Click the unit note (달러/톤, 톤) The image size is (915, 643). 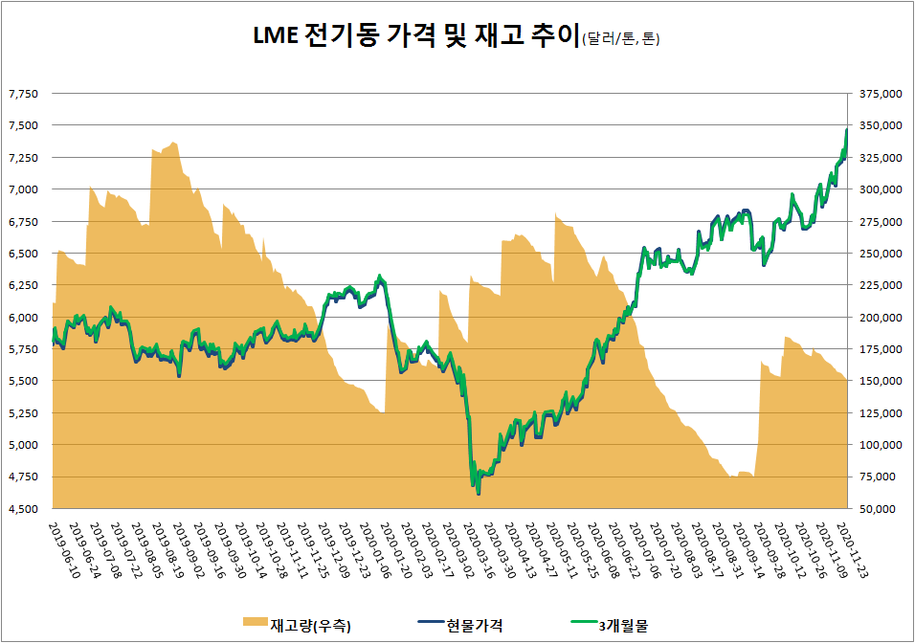coord(620,39)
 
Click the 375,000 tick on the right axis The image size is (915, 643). coord(881,94)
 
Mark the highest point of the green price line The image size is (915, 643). coord(847,129)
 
